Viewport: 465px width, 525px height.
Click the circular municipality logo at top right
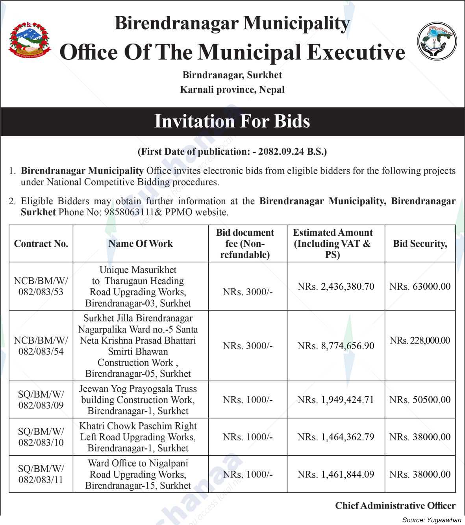point(437,41)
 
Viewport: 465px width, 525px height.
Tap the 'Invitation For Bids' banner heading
point(232,121)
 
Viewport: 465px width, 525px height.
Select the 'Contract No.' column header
point(41,244)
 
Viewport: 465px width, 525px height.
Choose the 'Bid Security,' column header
point(420,244)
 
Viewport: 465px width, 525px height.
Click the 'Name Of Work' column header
point(141,244)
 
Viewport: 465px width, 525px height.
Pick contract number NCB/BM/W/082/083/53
point(41,287)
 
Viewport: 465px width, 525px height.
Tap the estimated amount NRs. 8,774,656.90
point(336,346)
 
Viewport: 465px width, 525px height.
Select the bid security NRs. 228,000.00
point(420,340)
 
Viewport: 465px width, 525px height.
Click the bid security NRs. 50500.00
point(420,400)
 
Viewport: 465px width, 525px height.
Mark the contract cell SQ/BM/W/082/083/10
point(41,437)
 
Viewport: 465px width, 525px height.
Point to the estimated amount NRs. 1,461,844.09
point(336,475)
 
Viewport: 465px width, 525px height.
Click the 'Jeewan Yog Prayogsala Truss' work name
point(138,389)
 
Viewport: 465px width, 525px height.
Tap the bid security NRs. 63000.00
point(420,287)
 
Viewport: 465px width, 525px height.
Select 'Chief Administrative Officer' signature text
point(395,506)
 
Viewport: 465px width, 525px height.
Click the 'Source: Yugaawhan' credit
point(432,520)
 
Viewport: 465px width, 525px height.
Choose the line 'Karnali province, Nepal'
point(232,90)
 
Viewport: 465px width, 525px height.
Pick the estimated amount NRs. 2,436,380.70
point(336,287)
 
